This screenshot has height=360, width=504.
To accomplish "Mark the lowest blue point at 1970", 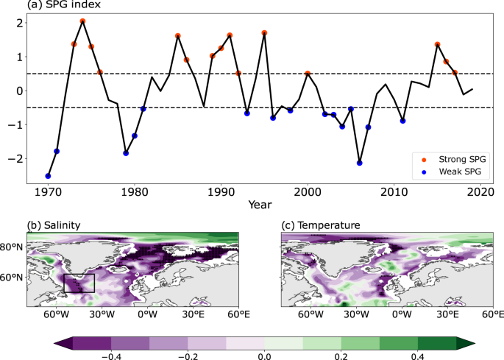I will [x=48, y=176].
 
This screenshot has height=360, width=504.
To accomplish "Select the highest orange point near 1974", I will [x=82, y=21].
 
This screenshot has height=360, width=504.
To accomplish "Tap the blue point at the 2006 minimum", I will [x=360, y=163].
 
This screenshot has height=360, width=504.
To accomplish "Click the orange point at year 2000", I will [x=308, y=74].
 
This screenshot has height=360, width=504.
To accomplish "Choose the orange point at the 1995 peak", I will [x=264, y=33].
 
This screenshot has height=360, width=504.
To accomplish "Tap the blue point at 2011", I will [x=402, y=121].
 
